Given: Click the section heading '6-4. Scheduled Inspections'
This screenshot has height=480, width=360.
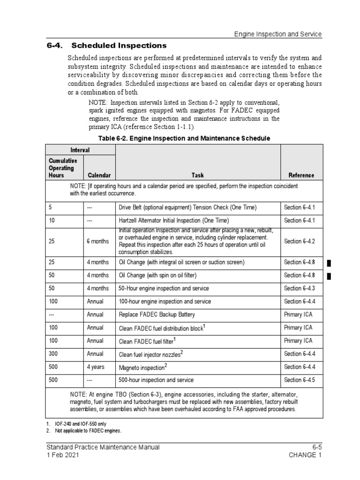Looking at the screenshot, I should click(x=106, y=45).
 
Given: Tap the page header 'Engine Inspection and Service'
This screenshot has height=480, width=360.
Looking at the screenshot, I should click(x=277, y=34).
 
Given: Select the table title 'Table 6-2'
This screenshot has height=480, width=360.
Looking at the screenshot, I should click(x=184, y=138).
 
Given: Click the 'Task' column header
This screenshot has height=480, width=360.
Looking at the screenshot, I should click(x=197, y=175).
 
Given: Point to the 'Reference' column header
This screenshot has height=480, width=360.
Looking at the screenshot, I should click(x=301, y=175).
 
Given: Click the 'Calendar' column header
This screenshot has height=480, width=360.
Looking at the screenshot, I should click(x=98, y=175).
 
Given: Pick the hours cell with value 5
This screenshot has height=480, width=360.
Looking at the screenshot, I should click(x=50, y=207).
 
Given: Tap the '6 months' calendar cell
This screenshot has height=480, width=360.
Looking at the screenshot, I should click(x=97, y=241).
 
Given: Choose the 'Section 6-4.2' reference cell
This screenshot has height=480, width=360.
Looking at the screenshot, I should click(x=299, y=241).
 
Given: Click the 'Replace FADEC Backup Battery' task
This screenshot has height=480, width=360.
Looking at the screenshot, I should click(x=157, y=315).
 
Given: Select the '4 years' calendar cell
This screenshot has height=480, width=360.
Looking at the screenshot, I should click(x=96, y=367).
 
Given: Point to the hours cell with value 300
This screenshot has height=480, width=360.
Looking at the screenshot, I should click(x=53, y=354).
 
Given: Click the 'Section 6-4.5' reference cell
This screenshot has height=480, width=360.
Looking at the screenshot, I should click(x=299, y=380).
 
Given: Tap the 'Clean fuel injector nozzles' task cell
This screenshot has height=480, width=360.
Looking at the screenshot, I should click(x=150, y=354).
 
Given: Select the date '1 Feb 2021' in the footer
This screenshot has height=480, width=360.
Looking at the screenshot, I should click(x=62, y=455).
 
